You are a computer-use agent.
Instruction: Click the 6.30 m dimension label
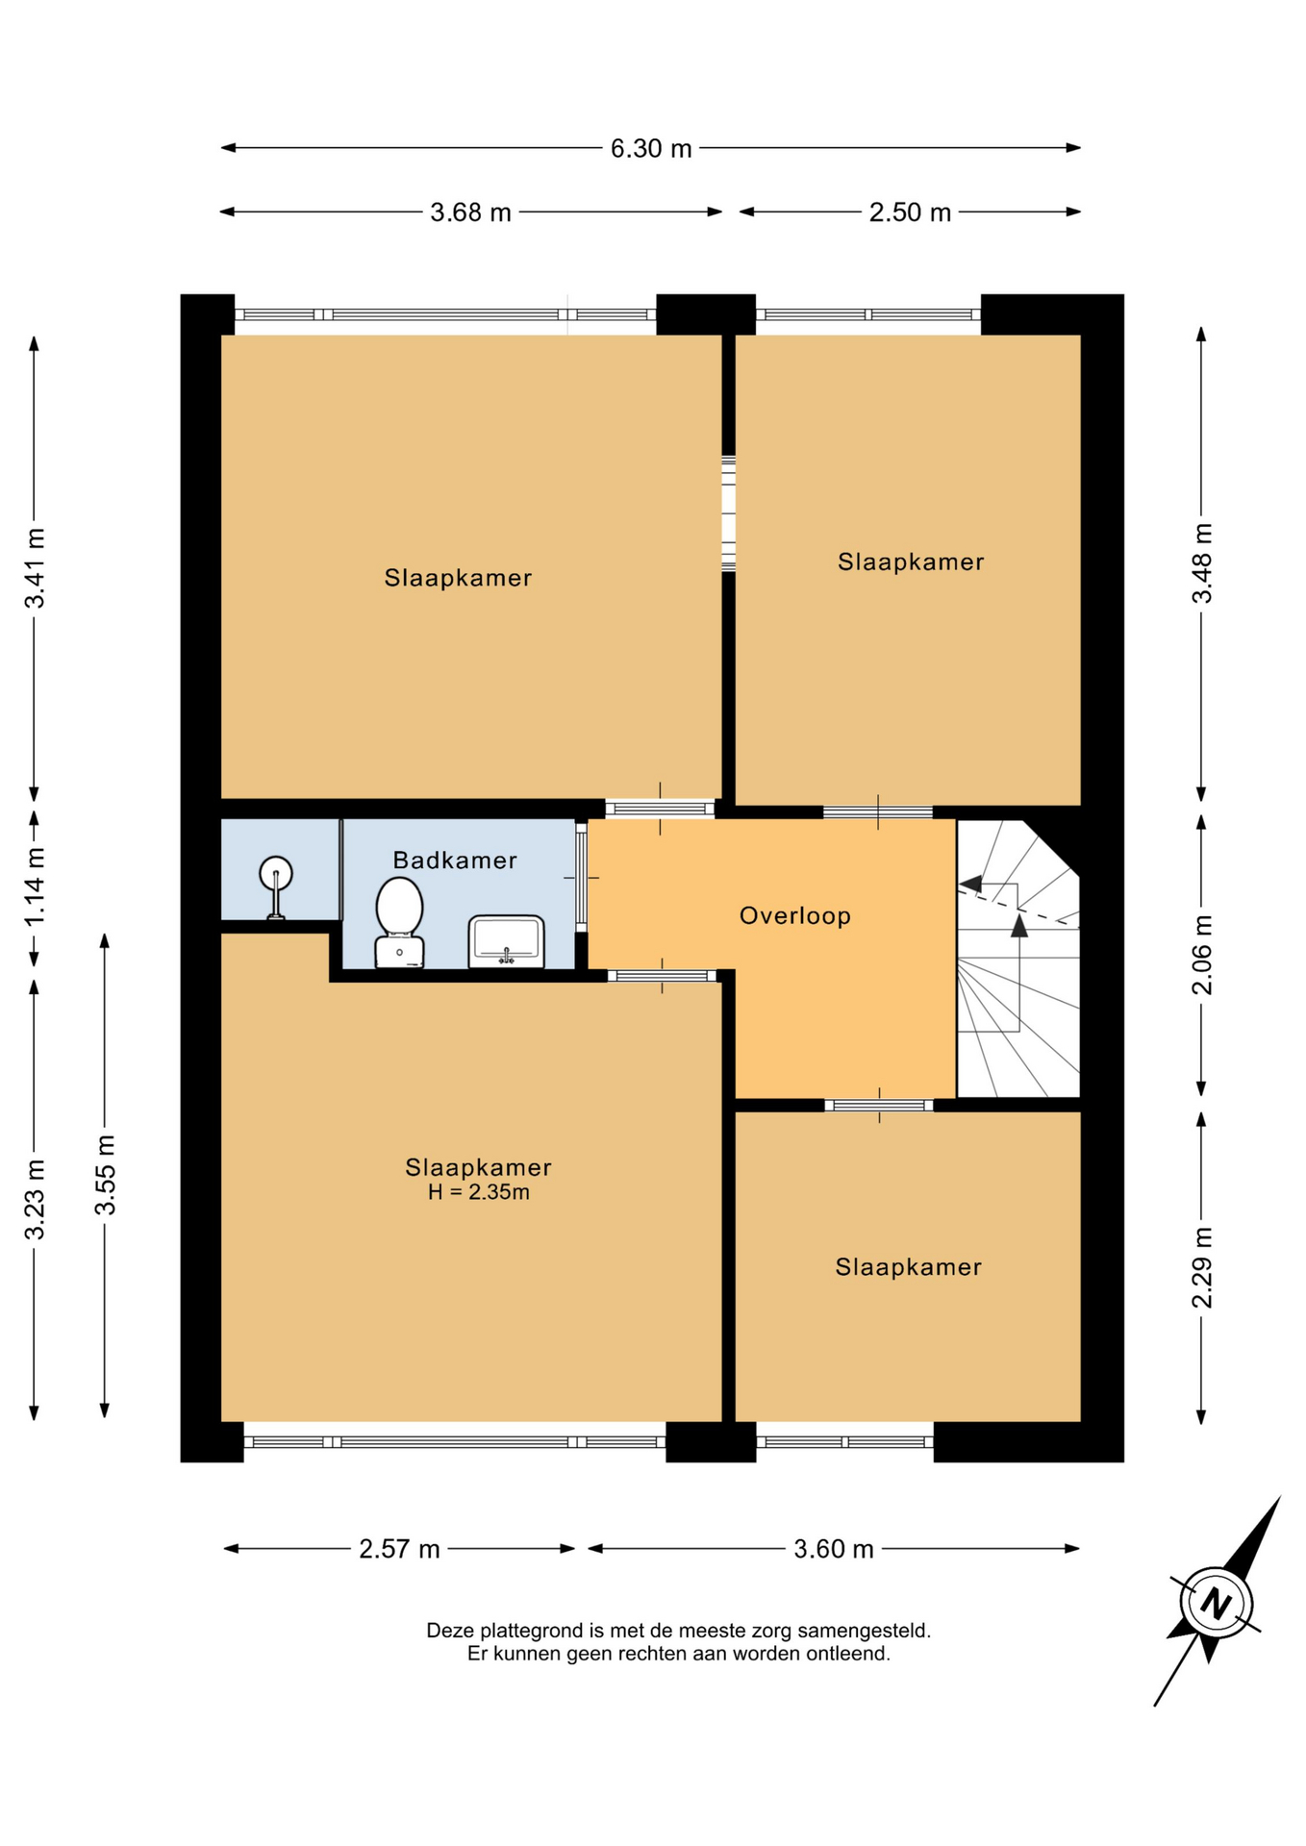pyautogui.click(x=651, y=149)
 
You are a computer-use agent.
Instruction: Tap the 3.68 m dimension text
pyautogui.click(x=470, y=212)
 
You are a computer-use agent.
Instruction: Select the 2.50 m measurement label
pyautogui.click(x=910, y=212)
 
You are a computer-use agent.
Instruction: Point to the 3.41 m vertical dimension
pyautogui.click(x=36, y=568)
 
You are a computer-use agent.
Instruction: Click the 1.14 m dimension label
pyautogui.click(x=36, y=886)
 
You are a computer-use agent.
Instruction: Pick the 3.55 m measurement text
pyautogui.click(x=105, y=1175)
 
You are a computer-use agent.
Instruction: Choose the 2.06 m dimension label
pyautogui.click(x=1202, y=956)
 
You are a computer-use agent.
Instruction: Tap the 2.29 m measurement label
pyautogui.click(x=1202, y=1268)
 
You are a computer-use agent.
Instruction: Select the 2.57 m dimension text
pyautogui.click(x=399, y=1549)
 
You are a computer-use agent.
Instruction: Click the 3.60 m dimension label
pyautogui.click(x=834, y=1549)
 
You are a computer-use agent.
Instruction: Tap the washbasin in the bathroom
pyautogui.click(x=507, y=941)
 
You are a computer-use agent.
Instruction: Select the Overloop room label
pyautogui.click(x=795, y=916)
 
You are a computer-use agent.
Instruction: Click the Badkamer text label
pyautogui.click(x=455, y=861)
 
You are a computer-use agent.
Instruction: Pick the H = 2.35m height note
pyautogui.click(x=479, y=1193)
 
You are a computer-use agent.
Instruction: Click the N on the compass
pyautogui.click(x=1217, y=1604)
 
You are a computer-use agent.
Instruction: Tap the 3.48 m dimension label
pyautogui.click(x=1202, y=563)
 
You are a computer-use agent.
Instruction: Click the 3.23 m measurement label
pyautogui.click(x=36, y=1200)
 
